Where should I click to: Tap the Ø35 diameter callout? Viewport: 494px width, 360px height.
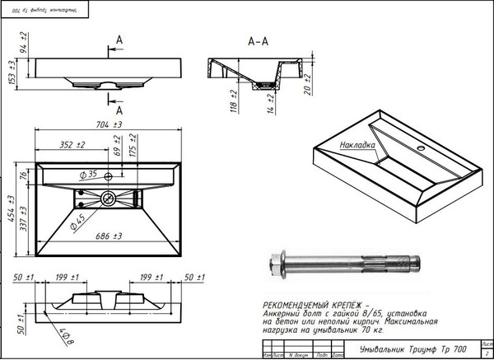pyautogui.click(x=89, y=175)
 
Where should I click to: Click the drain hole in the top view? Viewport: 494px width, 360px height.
pyautogui.click(x=108, y=198)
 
